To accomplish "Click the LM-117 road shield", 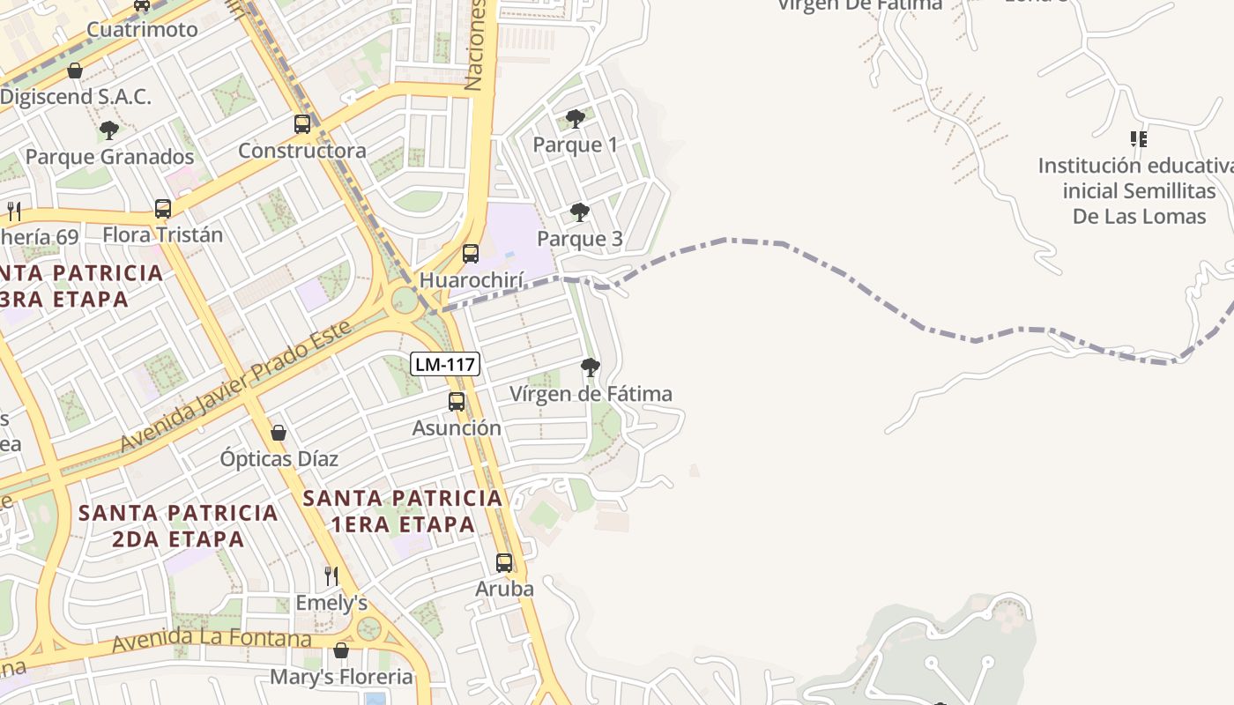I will (445, 363).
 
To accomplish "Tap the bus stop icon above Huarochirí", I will (471, 254).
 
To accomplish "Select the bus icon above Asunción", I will (457, 402).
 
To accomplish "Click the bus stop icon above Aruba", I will (504, 562).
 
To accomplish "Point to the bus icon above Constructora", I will (302, 124).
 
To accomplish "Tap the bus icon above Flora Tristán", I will (163, 209).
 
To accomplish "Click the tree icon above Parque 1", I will (576, 118).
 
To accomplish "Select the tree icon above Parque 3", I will (579, 212).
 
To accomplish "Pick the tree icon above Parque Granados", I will (109, 130).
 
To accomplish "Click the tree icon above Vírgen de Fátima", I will (591, 367).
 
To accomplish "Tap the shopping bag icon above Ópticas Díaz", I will (279, 433).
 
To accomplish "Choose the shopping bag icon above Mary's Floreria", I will (341, 650).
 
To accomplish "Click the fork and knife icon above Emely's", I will (331, 576).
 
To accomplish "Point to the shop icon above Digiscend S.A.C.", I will (75, 70).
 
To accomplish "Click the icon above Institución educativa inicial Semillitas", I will (1139, 139).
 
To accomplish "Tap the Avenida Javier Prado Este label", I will (235, 387).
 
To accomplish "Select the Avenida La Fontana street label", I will (212, 640).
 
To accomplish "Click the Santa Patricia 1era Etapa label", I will (403, 511).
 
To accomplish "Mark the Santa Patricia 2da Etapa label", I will (178, 525).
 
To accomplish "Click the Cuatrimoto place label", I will (142, 29).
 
